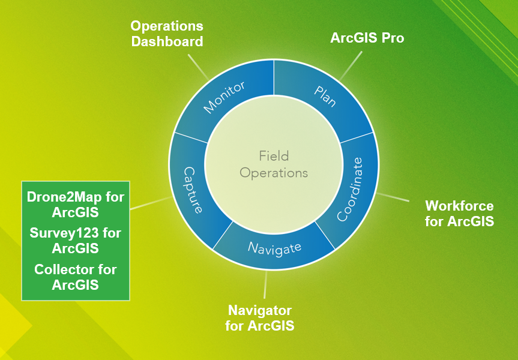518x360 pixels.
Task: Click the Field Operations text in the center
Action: [x=274, y=164]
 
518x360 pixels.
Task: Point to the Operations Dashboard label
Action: [x=167, y=34]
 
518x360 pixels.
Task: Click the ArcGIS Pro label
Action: [x=367, y=38]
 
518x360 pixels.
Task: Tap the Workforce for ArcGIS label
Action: [x=460, y=214]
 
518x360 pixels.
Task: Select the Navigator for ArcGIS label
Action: [x=260, y=318]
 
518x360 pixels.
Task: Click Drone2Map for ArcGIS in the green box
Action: [x=75, y=205]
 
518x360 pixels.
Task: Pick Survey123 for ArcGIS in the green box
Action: [x=75, y=241]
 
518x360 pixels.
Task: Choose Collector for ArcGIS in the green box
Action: [x=75, y=277]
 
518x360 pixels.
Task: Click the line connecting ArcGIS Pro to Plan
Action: [x=351, y=65]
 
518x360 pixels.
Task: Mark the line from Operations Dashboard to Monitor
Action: [x=198, y=67]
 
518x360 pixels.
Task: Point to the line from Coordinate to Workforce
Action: [x=393, y=197]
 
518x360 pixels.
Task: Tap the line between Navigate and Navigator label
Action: [x=265, y=284]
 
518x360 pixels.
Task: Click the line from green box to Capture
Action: [x=151, y=203]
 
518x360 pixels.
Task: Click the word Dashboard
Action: [x=167, y=41]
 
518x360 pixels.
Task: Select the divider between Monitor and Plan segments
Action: [x=274, y=77]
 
